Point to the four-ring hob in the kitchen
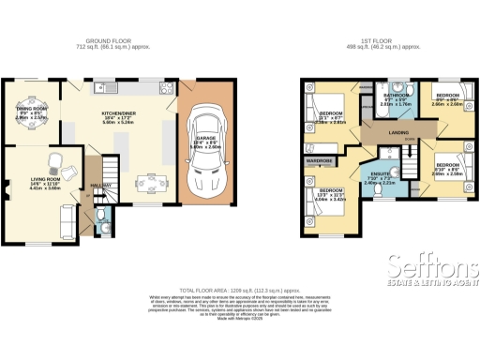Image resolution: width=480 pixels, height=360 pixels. [x=167, y=89]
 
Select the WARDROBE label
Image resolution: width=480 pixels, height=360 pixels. [x=320, y=160]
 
